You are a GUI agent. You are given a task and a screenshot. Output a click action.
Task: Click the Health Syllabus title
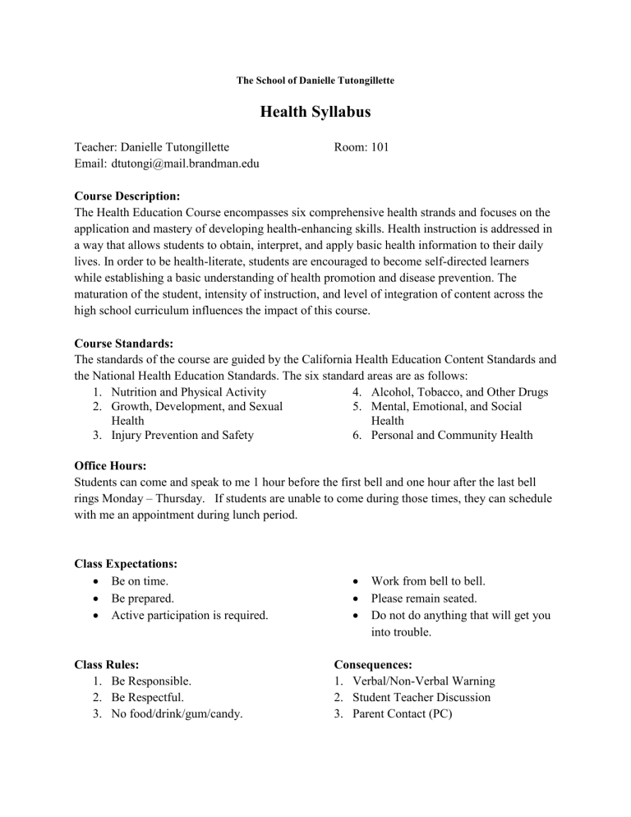pyautogui.click(x=315, y=113)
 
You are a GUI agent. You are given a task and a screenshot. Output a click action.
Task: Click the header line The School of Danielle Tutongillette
pyautogui.click(x=315, y=81)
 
